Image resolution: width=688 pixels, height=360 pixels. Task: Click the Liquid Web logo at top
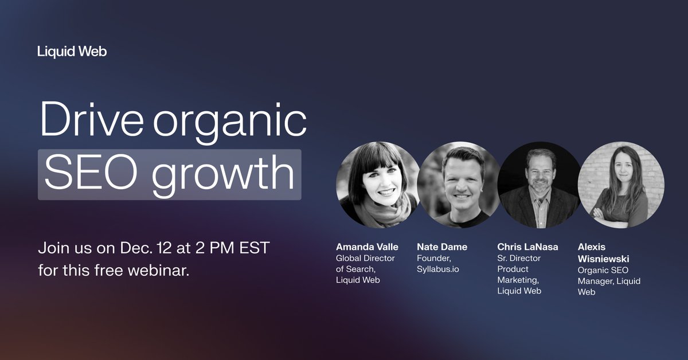coord(72,52)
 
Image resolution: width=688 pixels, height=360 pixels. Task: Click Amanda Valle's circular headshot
coord(377,184)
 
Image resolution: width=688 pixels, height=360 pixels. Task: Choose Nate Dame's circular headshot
coord(458,184)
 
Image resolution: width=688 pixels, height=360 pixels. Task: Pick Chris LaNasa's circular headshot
coord(539,184)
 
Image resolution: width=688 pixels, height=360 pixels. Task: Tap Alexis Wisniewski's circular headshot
coord(620,184)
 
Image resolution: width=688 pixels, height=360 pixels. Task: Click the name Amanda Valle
coord(367,247)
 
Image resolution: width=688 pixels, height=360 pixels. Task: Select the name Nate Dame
coord(442,247)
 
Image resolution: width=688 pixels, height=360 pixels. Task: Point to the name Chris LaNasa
coord(527,247)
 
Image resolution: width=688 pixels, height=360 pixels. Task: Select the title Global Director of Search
coord(365,264)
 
